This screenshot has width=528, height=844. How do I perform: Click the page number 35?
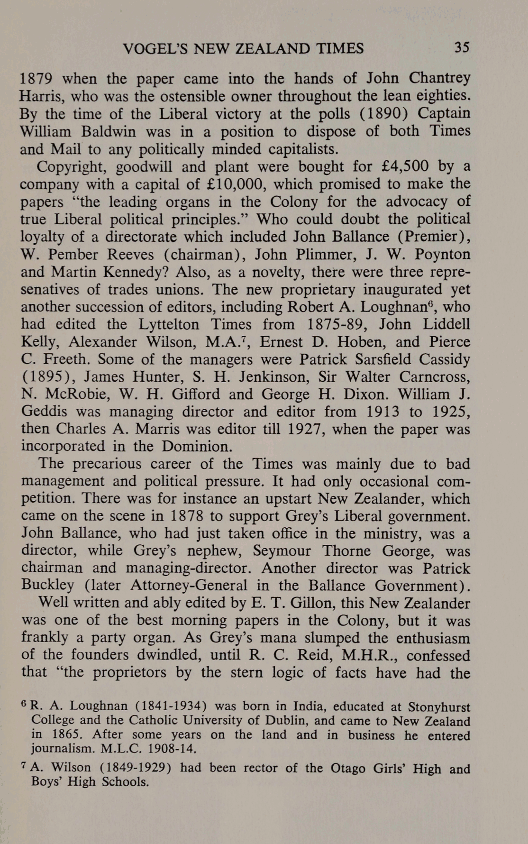point(462,47)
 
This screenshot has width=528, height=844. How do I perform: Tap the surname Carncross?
point(435,377)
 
